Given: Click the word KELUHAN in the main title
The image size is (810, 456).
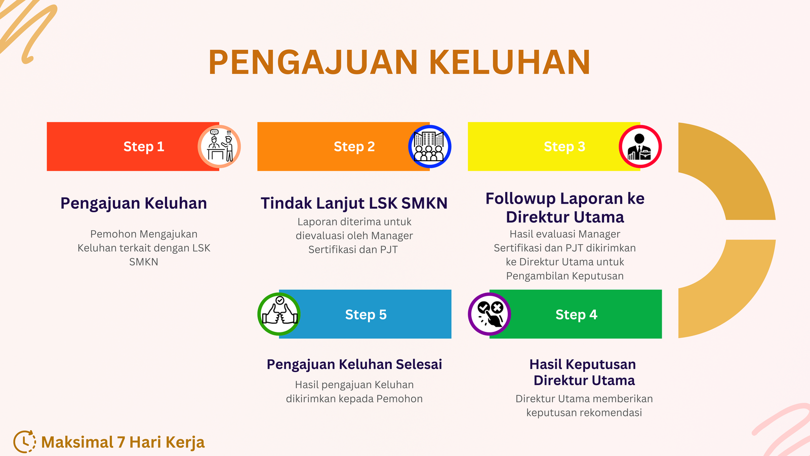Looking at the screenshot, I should (x=509, y=62).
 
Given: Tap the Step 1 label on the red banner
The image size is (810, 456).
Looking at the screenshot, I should (x=144, y=146).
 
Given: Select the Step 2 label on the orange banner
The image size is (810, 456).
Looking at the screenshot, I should (x=354, y=146).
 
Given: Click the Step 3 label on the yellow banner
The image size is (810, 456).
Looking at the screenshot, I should (x=564, y=146).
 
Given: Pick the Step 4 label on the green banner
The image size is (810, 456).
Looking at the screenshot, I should (x=576, y=315).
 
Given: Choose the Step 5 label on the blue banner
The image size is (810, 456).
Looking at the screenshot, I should (x=366, y=315).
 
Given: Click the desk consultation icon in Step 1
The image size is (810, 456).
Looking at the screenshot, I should (x=219, y=146).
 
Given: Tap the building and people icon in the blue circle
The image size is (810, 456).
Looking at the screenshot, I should (x=429, y=146).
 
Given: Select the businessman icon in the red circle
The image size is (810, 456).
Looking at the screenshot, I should (x=640, y=146).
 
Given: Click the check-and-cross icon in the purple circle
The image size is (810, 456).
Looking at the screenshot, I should (x=490, y=314).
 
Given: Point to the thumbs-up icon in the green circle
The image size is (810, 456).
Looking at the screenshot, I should (x=279, y=314).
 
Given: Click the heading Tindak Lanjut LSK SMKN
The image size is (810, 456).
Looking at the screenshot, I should (x=354, y=203).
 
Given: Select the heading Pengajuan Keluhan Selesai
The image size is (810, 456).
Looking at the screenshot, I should (x=354, y=364).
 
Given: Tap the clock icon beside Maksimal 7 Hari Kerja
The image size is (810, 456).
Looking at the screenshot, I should (x=24, y=442).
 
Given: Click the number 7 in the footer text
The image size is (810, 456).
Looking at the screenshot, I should (x=121, y=442).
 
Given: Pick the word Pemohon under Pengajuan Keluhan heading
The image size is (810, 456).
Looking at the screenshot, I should (x=113, y=234).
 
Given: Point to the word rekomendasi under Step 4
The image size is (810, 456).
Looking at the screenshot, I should (x=610, y=412).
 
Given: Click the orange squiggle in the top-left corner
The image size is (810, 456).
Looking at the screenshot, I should (x=28, y=30).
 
